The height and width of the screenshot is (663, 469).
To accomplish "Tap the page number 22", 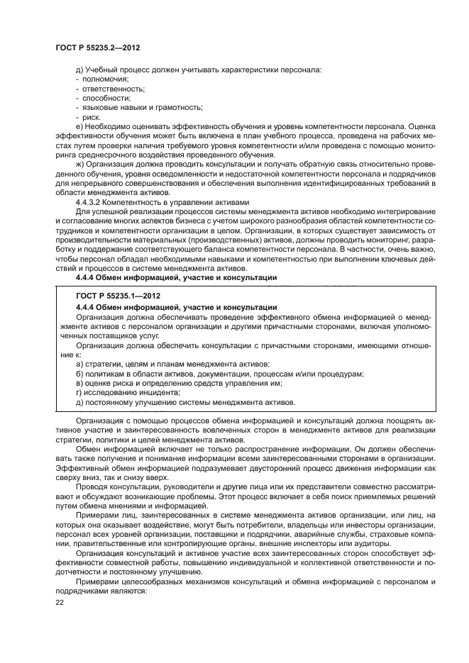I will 60,602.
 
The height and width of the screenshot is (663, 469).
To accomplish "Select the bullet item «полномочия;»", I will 102,79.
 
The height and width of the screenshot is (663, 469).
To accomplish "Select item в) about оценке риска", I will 178,383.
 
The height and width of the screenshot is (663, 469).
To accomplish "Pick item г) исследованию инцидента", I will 128,392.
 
